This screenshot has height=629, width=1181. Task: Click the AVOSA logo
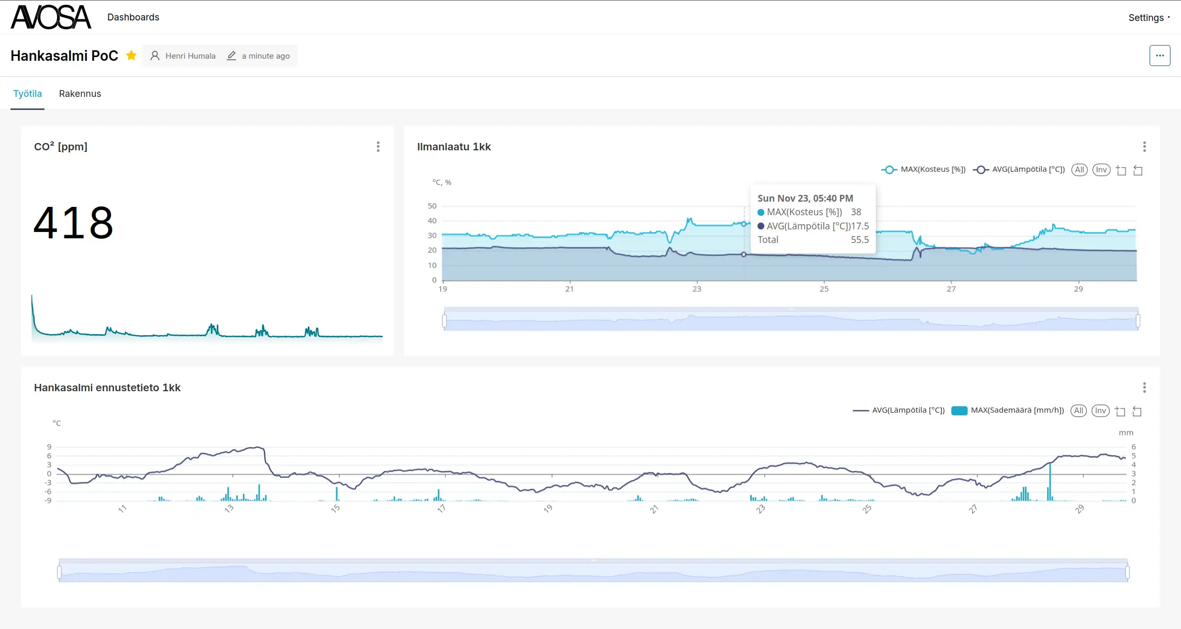point(51,17)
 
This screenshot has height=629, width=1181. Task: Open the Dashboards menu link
point(133,17)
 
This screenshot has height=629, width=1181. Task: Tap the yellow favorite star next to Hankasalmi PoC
point(131,56)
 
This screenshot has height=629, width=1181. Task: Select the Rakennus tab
point(80,94)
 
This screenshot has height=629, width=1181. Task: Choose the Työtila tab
point(27,94)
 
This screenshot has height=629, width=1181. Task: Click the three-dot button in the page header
point(1160,56)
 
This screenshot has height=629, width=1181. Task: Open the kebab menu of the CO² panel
point(378,147)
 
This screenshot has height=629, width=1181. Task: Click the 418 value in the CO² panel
point(73,223)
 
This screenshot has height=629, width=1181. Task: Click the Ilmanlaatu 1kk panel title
point(454,147)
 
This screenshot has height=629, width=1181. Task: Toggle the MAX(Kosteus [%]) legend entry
point(924,170)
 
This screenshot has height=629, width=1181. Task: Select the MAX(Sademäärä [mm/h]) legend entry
point(1008,411)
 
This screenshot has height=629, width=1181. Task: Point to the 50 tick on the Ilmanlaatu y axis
point(432,206)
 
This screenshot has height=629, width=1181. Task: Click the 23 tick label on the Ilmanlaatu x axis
point(697,289)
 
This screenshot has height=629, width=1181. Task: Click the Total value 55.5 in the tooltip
point(860,240)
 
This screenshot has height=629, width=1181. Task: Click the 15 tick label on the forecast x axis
point(336,509)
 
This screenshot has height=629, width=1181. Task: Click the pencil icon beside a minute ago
point(231,56)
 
